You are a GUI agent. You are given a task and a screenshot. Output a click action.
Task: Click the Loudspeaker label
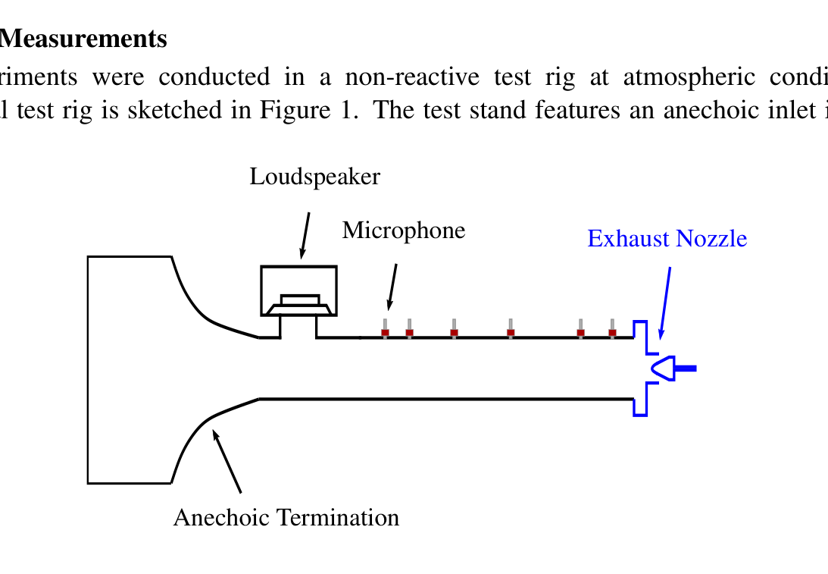[x=314, y=177]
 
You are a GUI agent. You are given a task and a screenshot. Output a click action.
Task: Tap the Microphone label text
[x=403, y=230]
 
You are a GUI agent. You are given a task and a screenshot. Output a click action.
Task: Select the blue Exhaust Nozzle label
[x=667, y=239]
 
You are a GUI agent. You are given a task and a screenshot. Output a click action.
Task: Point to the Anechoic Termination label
[x=286, y=517]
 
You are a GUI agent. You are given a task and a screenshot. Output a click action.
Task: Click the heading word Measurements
[x=83, y=39]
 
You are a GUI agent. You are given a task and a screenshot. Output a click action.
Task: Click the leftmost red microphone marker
[x=385, y=332]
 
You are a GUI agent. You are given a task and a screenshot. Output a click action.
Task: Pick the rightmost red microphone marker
[x=612, y=332]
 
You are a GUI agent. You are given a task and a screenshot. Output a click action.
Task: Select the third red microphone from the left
[x=454, y=332]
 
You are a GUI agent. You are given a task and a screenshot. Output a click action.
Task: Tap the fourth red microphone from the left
[x=511, y=332]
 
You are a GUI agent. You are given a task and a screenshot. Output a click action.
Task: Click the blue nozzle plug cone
[x=664, y=369]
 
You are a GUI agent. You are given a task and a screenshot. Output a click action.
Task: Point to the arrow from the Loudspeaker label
[x=305, y=235]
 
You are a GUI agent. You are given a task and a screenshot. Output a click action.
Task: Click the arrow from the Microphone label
[x=392, y=287]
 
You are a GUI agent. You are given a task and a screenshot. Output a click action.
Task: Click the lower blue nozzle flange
[x=641, y=400]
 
